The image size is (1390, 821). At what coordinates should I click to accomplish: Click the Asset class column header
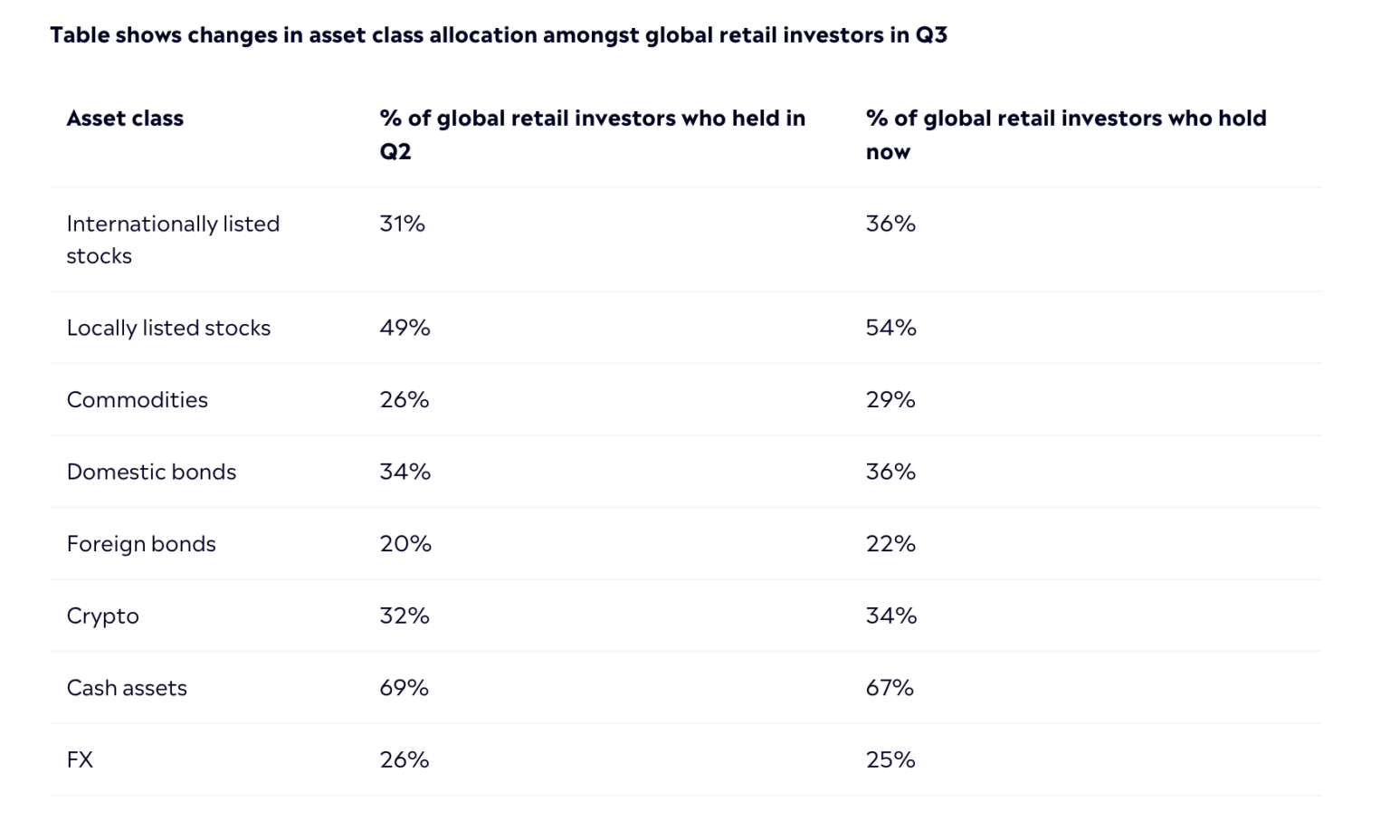[125, 119]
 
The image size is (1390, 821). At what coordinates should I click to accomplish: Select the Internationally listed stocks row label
[173, 239]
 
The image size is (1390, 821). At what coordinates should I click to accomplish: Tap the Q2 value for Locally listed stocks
[405, 328]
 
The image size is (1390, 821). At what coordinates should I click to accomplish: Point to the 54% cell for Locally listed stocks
[890, 328]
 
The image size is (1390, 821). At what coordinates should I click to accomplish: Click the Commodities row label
[137, 400]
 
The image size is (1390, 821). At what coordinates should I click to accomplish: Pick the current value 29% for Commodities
[890, 400]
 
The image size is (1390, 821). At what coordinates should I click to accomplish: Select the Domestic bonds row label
[151, 472]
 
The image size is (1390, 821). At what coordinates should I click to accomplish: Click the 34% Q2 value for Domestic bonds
[405, 472]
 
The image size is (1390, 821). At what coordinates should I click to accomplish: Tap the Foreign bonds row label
[141, 544]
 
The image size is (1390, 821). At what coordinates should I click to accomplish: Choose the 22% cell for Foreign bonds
[890, 544]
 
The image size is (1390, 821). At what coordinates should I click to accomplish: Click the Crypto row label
[102, 616]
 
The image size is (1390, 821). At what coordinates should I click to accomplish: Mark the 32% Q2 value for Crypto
[405, 616]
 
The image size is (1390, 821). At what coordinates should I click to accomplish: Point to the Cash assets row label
[127, 688]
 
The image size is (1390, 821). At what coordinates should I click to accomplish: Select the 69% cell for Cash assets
[404, 688]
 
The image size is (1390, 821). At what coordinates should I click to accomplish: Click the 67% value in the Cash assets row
[890, 688]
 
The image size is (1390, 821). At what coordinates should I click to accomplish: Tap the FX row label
[80, 759]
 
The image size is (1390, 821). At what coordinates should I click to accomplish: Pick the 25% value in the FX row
[890, 759]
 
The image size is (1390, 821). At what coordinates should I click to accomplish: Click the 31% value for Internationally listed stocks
[402, 224]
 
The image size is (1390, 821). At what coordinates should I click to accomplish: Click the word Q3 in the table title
[930, 35]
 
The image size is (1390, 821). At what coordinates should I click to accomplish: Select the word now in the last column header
[888, 152]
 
